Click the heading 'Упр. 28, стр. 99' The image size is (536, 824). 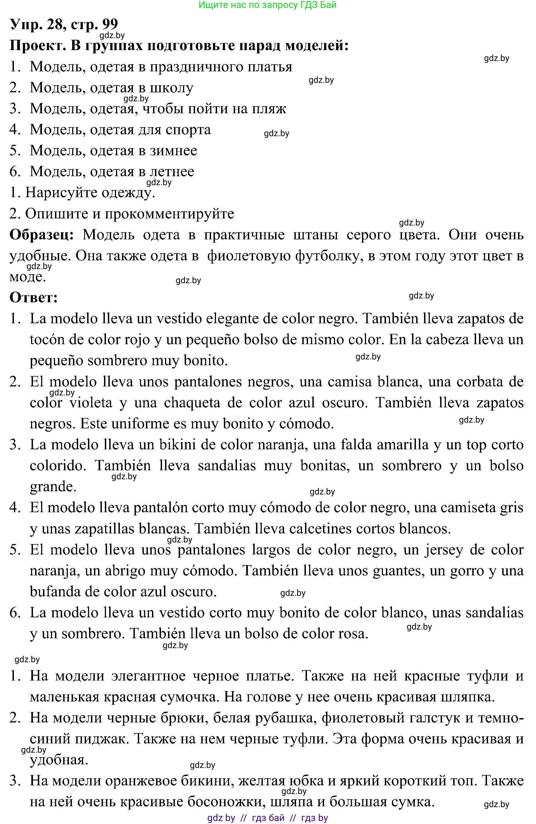click(64, 24)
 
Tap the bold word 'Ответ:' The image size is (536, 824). click(33, 298)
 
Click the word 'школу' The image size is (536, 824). click(170, 88)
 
